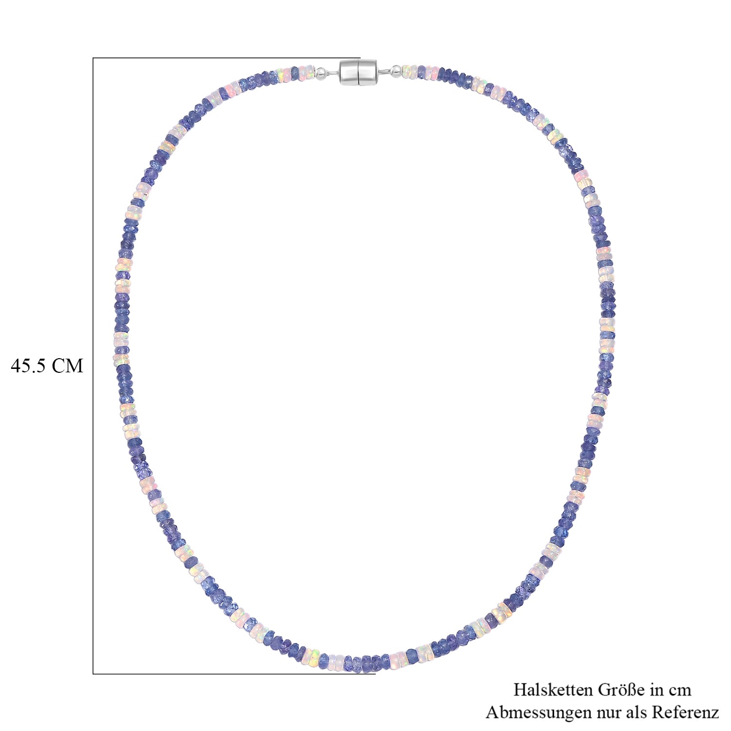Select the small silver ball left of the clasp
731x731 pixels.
(321, 73)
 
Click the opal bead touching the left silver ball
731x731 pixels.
(311, 73)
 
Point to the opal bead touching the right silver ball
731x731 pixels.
(405, 72)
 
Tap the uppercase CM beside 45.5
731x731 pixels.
(68, 365)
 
